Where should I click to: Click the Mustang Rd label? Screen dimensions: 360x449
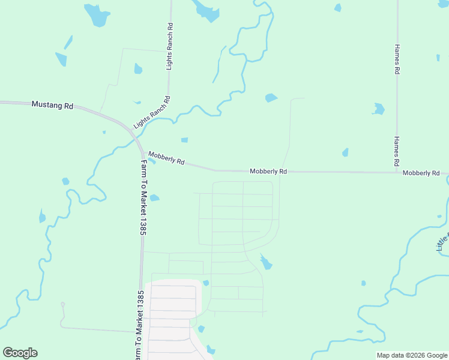(x=52, y=105)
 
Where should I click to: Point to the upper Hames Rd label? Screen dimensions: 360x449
(x=397, y=59)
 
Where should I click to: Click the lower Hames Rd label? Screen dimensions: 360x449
(x=397, y=151)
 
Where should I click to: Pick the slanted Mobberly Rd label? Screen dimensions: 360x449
(x=166, y=158)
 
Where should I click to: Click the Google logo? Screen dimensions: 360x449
(x=20, y=353)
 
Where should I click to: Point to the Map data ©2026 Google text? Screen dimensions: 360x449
(x=411, y=355)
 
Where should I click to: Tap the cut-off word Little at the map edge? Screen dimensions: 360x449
(x=442, y=240)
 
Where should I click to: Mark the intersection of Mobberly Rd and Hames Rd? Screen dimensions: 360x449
(x=397, y=173)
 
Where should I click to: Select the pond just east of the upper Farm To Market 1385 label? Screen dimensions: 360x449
(x=154, y=198)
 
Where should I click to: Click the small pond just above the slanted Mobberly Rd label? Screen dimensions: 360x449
(x=184, y=140)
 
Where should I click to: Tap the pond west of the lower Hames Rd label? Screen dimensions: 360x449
(x=345, y=152)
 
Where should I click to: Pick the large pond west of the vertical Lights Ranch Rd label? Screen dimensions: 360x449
(x=97, y=16)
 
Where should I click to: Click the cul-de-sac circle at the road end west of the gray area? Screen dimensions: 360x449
(x=62, y=305)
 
